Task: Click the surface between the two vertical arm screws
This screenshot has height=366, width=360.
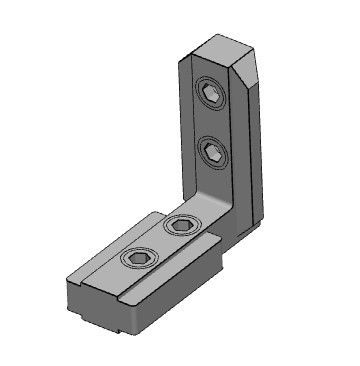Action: (x=212, y=125)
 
